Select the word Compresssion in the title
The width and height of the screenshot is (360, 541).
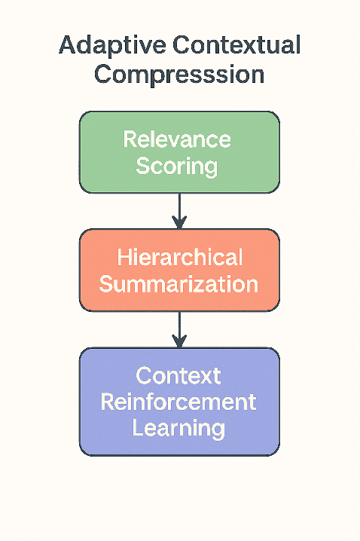click(x=179, y=75)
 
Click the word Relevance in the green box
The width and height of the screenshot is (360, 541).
click(x=177, y=139)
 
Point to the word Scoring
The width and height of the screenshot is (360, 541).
click(x=177, y=165)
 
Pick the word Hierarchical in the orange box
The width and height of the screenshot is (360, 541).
click(x=179, y=258)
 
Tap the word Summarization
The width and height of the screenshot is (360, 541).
click(x=179, y=284)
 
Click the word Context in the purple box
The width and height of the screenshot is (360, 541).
click(x=178, y=375)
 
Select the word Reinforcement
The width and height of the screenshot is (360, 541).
click(x=178, y=402)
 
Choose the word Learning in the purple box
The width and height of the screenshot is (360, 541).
click(x=178, y=428)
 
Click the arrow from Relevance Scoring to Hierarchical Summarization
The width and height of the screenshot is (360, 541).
click(x=178, y=209)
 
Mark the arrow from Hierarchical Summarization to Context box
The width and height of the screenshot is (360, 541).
click(x=178, y=328)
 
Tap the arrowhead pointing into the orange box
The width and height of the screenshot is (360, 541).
click(x=178, y=223)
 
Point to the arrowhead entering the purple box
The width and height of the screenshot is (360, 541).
click(x=178, y=341)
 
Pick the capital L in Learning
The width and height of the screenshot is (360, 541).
click(x=139, y=428)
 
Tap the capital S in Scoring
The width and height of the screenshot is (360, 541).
click(x=143, y=165)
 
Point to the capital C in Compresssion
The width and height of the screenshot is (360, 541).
click(x=105, y=75)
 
